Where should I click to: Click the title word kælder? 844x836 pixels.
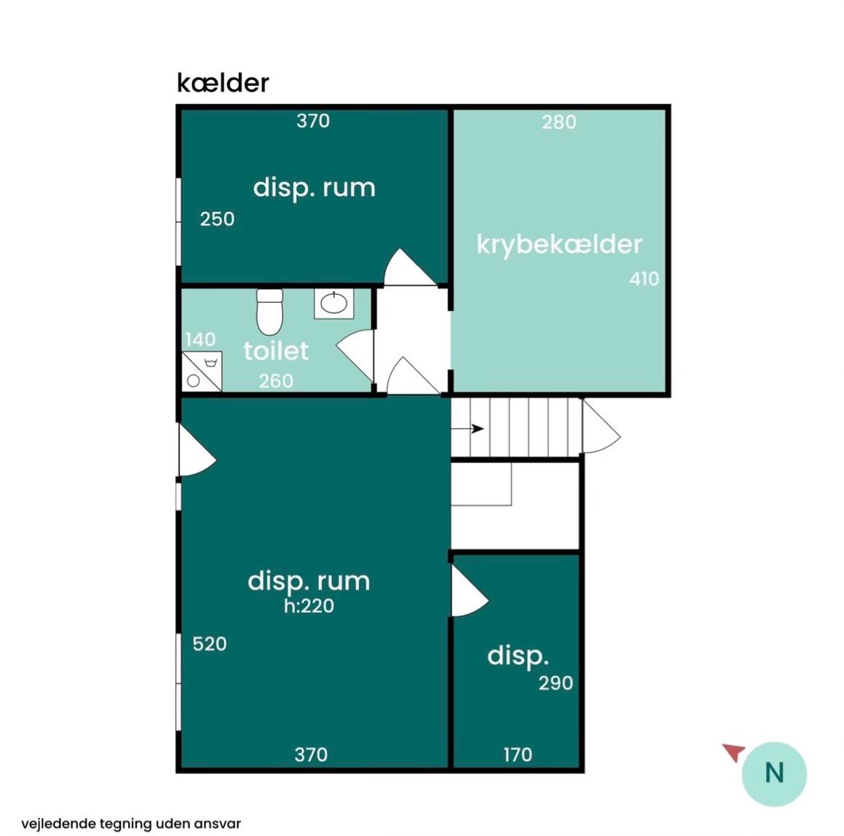(x=223, y=83)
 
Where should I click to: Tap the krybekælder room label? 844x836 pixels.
(x=559, y=245)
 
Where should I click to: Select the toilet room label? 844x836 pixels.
(x=276, y=351)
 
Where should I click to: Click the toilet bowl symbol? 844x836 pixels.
(x=269, y=312)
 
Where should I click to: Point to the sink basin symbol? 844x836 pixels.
(x=334, y=304)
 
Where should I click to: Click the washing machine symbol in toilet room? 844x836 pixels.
(x=201, y=371)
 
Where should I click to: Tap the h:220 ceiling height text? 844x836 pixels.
(x=309, y=606)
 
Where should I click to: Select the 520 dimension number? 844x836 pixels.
(x=210, y=644)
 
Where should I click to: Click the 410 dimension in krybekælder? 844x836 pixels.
(x=644, y=279)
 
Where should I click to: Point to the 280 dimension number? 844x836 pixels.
(x=559, y=122)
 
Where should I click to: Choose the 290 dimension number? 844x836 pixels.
(x=556, y=683)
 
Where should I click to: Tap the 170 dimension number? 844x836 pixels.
(x=518, y=754)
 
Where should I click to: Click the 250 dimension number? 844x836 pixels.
(x=217, y=219)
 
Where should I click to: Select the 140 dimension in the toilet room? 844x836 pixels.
(x=200, y=339)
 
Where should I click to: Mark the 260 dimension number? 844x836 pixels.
(x=275, y=381)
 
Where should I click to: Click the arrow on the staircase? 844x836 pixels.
(x=468, y=428)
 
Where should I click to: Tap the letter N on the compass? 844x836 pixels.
(x=774, y=773)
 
